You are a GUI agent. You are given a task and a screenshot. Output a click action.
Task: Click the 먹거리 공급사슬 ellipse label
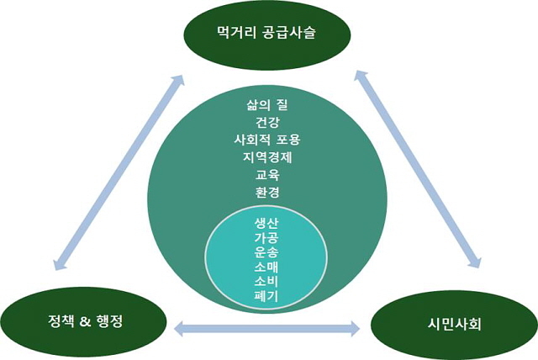click(266, 33)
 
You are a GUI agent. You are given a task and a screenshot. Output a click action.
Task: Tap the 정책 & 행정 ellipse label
click(85, 321)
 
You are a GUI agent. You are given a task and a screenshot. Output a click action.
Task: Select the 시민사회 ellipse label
click(454, 324)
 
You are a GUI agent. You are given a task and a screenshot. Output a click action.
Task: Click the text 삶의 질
click(267, 104)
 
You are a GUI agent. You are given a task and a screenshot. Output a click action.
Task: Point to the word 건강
click(267, 122)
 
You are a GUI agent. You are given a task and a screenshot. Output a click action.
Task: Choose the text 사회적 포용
click(267, 140)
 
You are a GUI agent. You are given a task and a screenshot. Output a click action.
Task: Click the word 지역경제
click(267, 157)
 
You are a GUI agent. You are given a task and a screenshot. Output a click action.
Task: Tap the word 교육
click(267, 175)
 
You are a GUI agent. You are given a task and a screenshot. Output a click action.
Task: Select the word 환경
click(267, 192)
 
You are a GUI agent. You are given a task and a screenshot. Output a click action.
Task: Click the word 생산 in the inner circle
click(266, 224)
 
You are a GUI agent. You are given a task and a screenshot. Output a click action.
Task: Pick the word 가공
click(266, 238)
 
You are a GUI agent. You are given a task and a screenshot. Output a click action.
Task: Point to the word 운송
click(266, 252)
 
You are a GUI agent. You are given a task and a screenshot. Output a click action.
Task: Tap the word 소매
click(266, 267)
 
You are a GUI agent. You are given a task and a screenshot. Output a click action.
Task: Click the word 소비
click(266, 281)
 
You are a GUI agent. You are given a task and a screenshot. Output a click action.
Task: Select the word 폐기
click(266, 295)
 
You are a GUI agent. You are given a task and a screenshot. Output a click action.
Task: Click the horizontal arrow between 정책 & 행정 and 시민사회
click(267, 329)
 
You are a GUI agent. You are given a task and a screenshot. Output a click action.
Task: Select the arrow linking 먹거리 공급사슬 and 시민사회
click(418, 169)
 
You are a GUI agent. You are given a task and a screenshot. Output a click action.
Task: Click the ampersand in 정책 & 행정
click(85, 322)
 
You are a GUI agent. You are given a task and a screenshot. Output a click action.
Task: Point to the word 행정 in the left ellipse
click(110, 321)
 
